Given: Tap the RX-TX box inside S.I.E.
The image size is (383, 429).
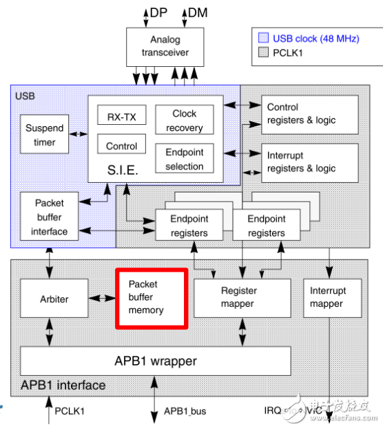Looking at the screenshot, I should [x=121, y=117].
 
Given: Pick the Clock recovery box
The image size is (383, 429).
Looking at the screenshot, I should [x=184, y=120].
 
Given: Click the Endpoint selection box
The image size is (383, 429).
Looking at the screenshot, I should [x=184, y=159].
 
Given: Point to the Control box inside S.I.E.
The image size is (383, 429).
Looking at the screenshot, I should [x=121, y=146].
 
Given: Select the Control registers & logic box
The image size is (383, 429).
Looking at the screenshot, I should [x=310, y=114].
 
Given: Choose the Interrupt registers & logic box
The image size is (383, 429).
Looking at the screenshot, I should [x=310, y=162].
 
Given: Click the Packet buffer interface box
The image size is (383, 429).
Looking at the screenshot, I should [x=49, y=217].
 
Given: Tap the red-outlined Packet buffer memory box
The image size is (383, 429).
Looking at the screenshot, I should [x=151, y=297].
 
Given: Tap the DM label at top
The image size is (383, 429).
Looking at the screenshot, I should [x=198, y=12].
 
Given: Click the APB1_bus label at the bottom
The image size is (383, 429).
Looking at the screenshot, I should [x=184, y=412].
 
